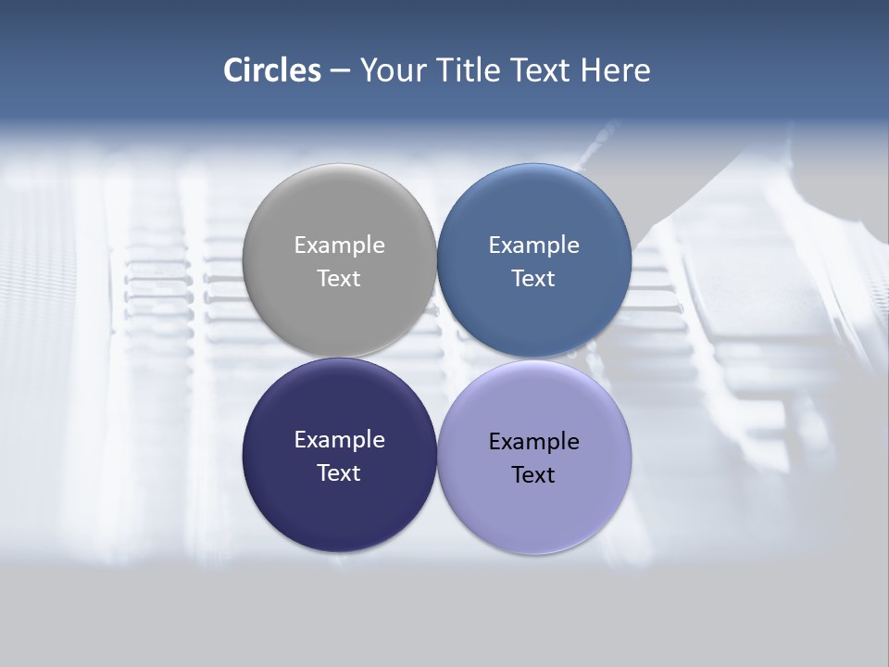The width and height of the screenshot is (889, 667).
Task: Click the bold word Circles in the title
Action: click(271, 70)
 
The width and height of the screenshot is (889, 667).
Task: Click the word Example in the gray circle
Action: click(339, 245)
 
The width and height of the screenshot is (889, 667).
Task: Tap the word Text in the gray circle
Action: click(339, 278)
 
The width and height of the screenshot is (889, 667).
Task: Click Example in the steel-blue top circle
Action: click(533, 245)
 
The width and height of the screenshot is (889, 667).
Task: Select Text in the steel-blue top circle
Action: click(533, 278)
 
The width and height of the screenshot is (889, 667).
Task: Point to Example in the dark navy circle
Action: click(339, 440)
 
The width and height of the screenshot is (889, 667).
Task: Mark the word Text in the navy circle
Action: click(339, 472)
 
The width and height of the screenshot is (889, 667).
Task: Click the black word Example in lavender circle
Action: click(533, 442)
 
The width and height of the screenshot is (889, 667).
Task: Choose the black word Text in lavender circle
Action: click(533, 474)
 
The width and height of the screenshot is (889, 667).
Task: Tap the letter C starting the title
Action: click(233, 70)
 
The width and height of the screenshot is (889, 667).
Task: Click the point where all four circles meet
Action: click(436, 358)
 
